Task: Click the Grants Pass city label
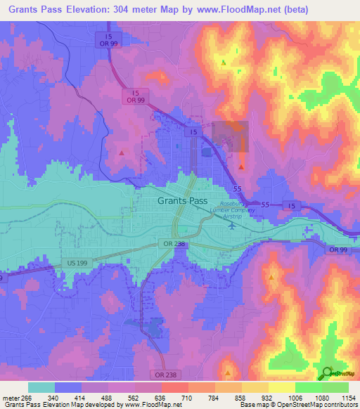(181, 200)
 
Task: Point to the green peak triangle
(224, 63)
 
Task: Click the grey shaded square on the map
(231, 136)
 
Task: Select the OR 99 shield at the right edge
(339, 249)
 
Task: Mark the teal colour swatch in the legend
(41, 387)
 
